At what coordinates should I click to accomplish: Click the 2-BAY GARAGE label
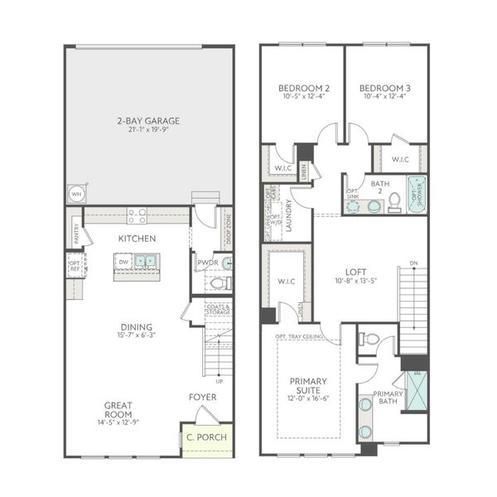coord(148,121)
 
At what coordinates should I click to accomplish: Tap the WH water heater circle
coord(77,194)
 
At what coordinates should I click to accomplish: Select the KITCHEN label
coord(137,239)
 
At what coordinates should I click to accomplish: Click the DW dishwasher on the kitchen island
coord(123,261)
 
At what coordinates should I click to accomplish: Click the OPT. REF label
coord(75,265)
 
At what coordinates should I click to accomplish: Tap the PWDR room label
coord(206,263)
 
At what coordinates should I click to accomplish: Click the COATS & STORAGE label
coord(218,310)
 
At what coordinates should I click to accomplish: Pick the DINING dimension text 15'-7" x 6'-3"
coord(137,336)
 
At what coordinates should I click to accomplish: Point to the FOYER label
coord(203,398)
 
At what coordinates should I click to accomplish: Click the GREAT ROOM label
coord(119,410)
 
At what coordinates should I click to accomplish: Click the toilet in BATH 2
coord(395,200)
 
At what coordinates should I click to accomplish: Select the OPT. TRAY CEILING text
coord(301,337)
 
